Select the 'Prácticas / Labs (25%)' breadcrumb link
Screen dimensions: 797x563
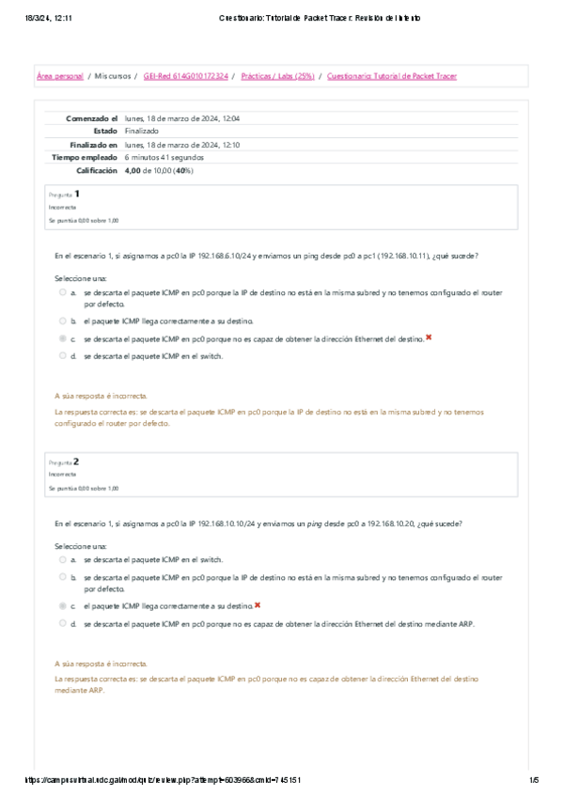pos(276,76)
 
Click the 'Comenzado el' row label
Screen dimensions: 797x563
pos(91,119)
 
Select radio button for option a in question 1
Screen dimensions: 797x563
pos(63,292)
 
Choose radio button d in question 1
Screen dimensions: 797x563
pos(63,356)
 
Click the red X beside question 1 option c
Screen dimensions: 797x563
pos(429,336)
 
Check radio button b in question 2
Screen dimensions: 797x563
pos(63,577)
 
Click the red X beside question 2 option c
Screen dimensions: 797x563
pos(258,605)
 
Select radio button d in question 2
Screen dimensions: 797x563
pos(63,622)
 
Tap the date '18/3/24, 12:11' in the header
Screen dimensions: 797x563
pos(49,17)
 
